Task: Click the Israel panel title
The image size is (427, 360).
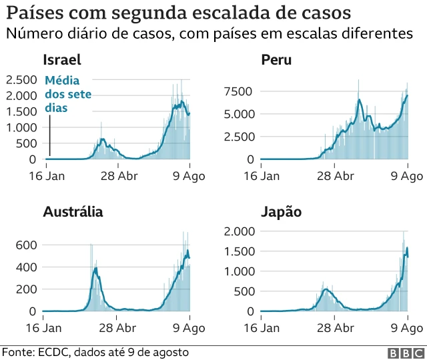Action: click(61, 61)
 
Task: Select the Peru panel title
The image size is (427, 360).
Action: click(276, 61)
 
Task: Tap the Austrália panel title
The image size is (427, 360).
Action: click(73, 213)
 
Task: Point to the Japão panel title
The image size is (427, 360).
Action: click(281, 213)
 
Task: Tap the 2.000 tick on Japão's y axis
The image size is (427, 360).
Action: click(240, 231)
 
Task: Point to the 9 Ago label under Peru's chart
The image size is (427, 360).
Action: click(407, 176)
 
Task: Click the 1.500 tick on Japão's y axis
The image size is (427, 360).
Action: click(240, 251)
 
